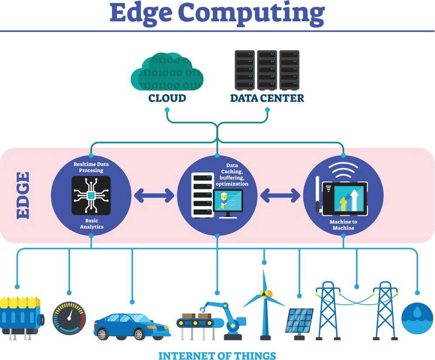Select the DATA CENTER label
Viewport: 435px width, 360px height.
click(x=267, y=98)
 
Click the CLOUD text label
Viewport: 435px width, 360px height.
click(x=167, y=98)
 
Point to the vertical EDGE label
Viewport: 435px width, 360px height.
click(x=23, y=195)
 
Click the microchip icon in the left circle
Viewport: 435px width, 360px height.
click(x=91, y=195)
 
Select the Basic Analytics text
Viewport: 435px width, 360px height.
click(x=91, y=224)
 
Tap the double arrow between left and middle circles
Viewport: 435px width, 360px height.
click(x=154, y=196)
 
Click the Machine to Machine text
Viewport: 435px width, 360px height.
click(x=343, y=225)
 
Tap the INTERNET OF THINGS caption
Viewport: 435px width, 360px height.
click(x=217, y=355)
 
